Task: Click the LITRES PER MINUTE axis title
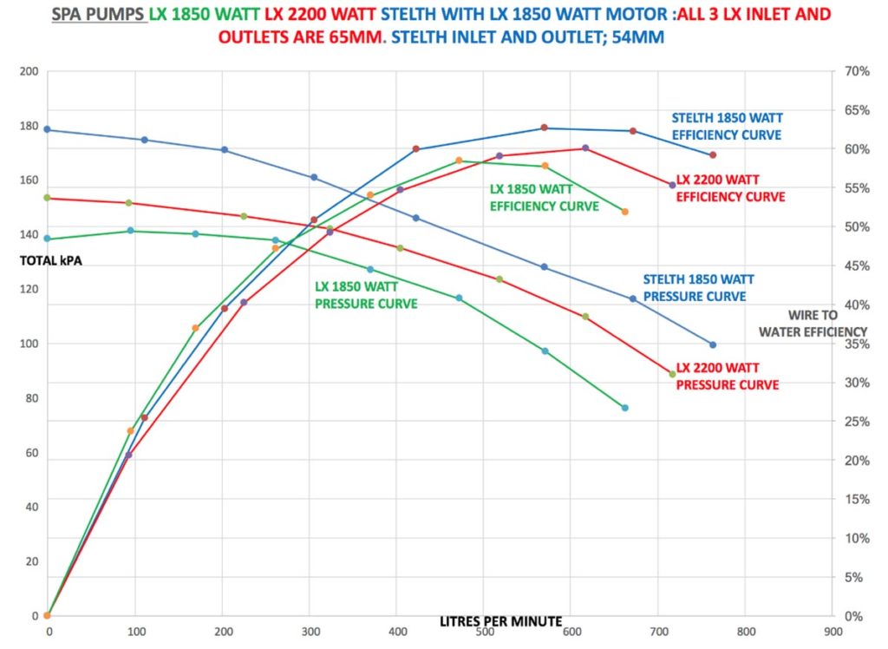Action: point(500,621)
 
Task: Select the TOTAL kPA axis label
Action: point(51,259)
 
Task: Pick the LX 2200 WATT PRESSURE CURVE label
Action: point(727,376)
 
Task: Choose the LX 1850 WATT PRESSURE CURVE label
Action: point(366,295)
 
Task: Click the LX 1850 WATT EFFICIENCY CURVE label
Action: point(544,198)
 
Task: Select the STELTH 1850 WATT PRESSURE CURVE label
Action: point(698,287)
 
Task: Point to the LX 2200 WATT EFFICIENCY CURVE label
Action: point(730,188)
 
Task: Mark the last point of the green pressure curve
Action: point(624,408)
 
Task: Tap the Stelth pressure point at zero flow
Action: point(47,129)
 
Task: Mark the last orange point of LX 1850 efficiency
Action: point(624,212)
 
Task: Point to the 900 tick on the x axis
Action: point(832,632)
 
